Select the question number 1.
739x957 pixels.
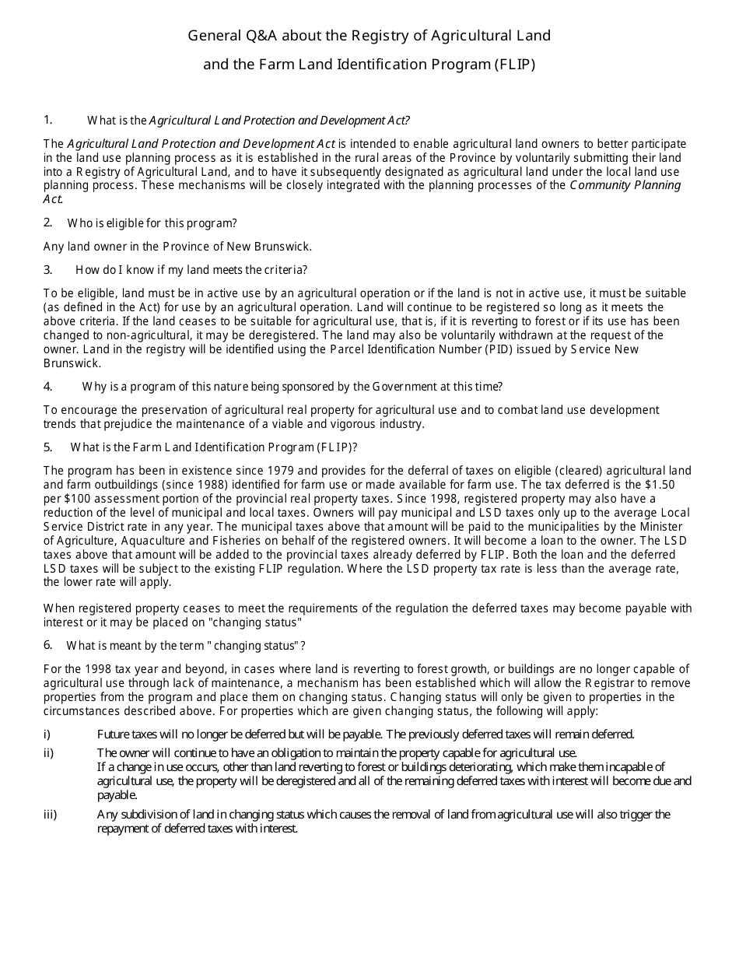coord(48,120)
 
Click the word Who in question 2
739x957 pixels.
coord(79,223)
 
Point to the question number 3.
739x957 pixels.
coord(48,270)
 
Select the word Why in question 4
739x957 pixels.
coord(93,387)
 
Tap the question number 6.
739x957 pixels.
coord(48,645)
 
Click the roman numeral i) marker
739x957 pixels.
coord(47,734)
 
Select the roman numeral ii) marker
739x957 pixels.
coord(48,753)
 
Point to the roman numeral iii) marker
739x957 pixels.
coord(50,815)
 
